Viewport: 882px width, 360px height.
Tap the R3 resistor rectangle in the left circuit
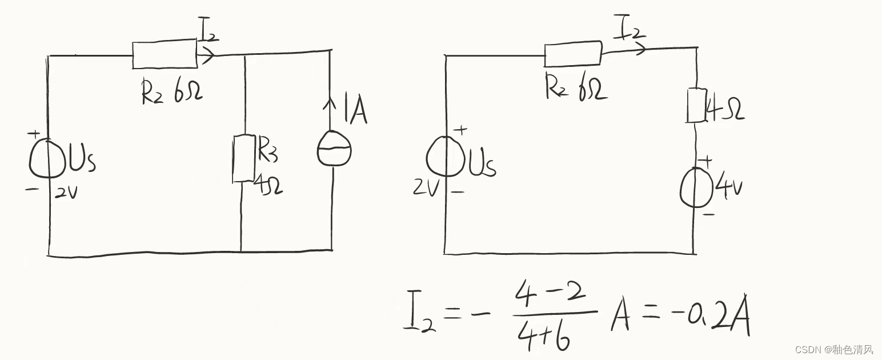coord(244,159)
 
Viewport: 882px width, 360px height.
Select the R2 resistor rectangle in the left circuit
coord(165,54)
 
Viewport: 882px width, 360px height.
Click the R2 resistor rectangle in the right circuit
coord(573,54)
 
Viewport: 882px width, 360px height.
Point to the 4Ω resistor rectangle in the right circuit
coord(696,105)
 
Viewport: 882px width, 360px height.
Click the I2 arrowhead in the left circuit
coord(209,55)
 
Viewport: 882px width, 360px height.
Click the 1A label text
coord(354,112)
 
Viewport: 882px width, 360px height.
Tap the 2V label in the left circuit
coord(66,193)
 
